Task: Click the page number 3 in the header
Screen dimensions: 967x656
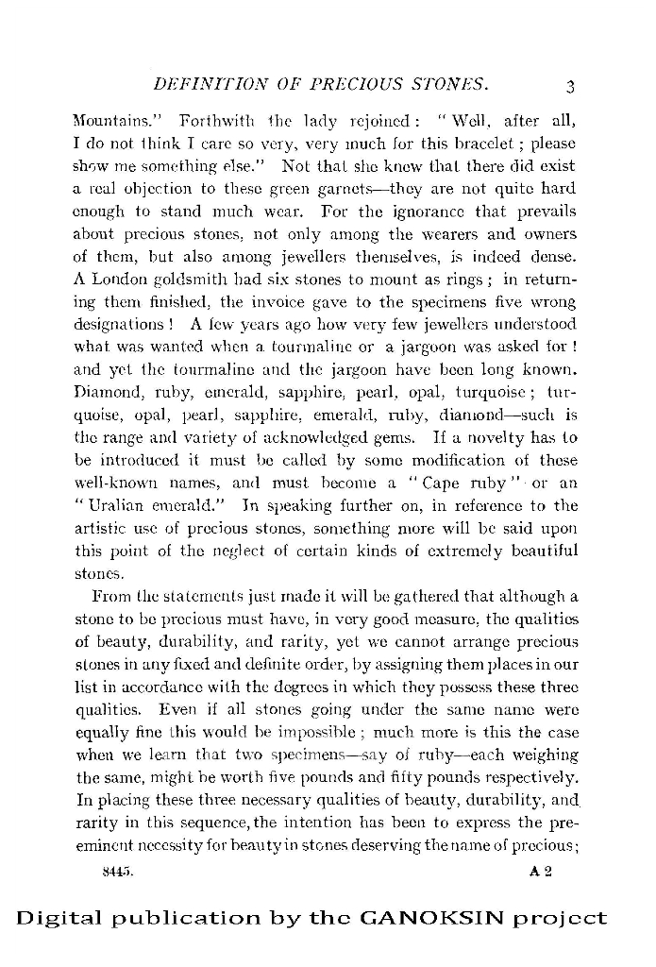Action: [x=570, y=87]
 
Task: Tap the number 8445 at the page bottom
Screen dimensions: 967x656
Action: [x=119, y=874]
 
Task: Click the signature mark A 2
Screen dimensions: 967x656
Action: [x=541, y=874]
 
